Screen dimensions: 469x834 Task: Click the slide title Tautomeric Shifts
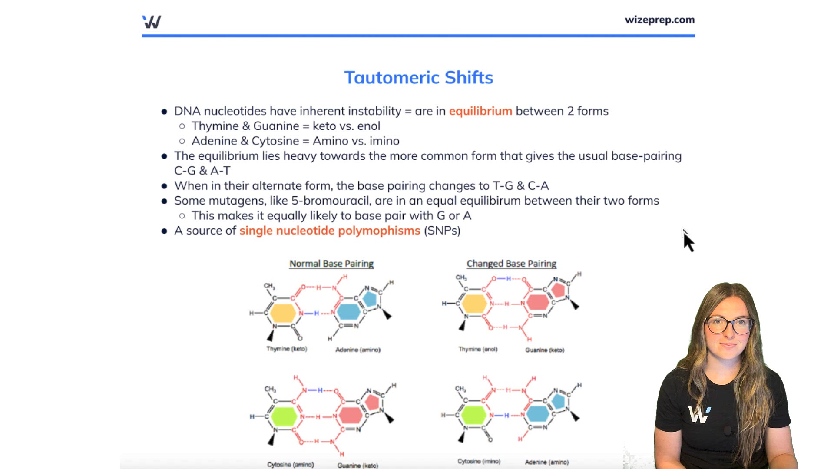[x=418, y=78]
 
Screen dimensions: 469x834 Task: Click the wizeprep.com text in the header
[x=659, y=20]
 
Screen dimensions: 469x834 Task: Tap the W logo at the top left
[x=152, y=22]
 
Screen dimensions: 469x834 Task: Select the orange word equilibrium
[x=480, y=111]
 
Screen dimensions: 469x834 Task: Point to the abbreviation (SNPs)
[x=442, y=231]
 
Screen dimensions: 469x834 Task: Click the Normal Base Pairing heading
[x=331, y=264]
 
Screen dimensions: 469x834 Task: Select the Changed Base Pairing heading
[x=511, y=264]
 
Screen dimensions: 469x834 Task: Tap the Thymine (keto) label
[x=287, y=349]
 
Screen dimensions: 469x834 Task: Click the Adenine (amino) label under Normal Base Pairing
[x=357, y=350]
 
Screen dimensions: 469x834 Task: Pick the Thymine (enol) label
[x=478, y=349]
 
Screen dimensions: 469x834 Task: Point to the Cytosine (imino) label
[x=479, y=461]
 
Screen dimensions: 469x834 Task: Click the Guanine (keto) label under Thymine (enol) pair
[x=545, y=350]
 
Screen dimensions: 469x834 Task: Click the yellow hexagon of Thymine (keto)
[x=283, y=313]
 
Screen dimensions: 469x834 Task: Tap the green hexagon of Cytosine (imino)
[x=473, y=415]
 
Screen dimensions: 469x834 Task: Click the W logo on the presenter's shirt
[x=698, y=415]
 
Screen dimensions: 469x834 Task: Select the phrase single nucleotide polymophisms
[x=330, y=231]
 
